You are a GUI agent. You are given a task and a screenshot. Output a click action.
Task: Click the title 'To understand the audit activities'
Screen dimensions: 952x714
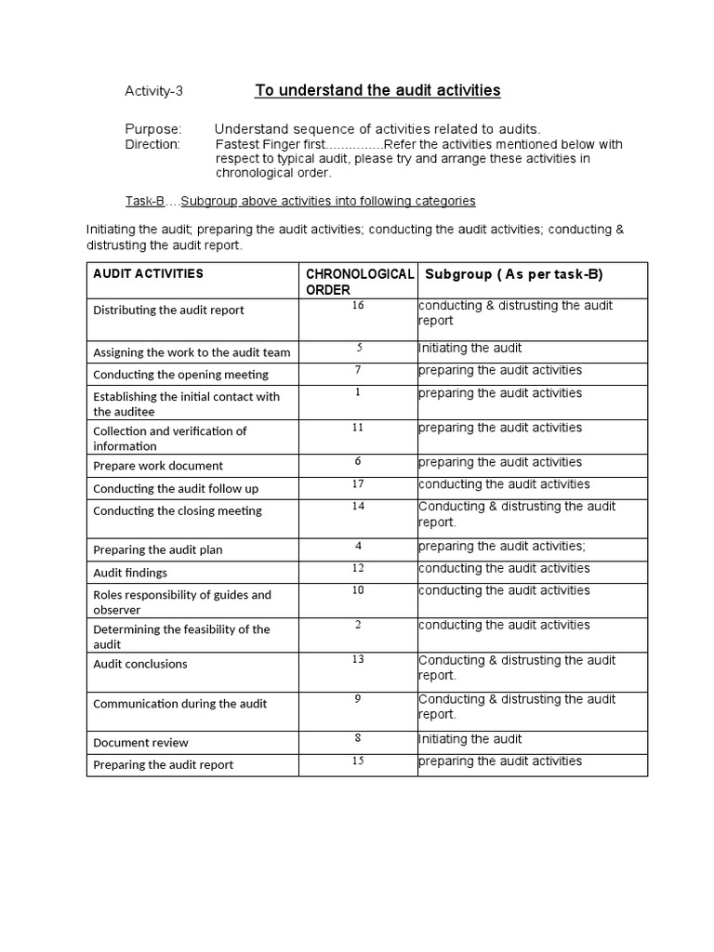pyautogui.click(x=377, y=90)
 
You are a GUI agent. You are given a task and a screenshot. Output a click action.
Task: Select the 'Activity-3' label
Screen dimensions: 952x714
pyautogui.click(x=154, y=91)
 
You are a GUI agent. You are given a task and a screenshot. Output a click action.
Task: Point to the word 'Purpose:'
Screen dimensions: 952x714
pyautogui.click(x=153, y=129)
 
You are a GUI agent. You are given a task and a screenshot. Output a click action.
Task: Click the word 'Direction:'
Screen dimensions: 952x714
pyautogui.click(x=152, y=144)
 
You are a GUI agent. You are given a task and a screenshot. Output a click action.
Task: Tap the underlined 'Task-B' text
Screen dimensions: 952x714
pyautogui.click(x=145, y=201)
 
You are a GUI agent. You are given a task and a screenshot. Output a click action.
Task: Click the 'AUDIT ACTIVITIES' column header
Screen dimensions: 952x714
pyautogui.click(x=148, y=273)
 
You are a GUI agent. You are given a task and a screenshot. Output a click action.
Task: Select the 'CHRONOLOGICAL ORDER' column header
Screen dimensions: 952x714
pyautogui.click(x=359, y=282)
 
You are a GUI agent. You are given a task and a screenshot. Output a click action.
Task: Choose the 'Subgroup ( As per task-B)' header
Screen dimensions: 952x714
pyautogui.click(x=514, y=274)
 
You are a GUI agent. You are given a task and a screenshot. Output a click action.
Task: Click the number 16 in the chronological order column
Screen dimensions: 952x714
pyautogui.click(x=358, y=306)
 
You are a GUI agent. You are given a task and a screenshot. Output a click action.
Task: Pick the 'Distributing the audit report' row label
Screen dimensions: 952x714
pyautogui.click(x=168, y=310)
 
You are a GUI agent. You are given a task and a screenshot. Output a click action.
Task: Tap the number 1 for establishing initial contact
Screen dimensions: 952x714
pyautogui.click(x=358, y=392)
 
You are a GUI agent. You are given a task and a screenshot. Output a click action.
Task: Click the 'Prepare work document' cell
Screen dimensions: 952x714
pyautogui.click(x=158, y=466)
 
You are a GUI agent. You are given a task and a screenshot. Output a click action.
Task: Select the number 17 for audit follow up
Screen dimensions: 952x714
pyautogui.click(x=358, y=483)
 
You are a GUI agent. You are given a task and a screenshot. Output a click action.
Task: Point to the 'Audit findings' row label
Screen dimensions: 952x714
pyautogui.click(x=130, y=573)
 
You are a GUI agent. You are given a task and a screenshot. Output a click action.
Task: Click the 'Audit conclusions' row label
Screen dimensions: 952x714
pyautogui.click(x=139, y=664)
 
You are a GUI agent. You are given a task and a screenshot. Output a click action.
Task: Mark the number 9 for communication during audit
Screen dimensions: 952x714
pyautogui.click(x=358, y=698)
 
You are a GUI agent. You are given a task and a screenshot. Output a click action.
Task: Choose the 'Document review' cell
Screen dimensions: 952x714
pyautogui.click(x=140, y=742)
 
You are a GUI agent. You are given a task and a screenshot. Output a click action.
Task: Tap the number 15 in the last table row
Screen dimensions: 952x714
pyautogui.click(x=358, y=760)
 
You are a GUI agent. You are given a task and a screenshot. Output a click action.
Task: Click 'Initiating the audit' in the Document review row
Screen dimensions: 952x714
pyautogui.click(x=470, y=739)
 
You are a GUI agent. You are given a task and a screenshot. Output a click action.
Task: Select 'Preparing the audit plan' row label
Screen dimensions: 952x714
pyautogui.click(x=157, y=549)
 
